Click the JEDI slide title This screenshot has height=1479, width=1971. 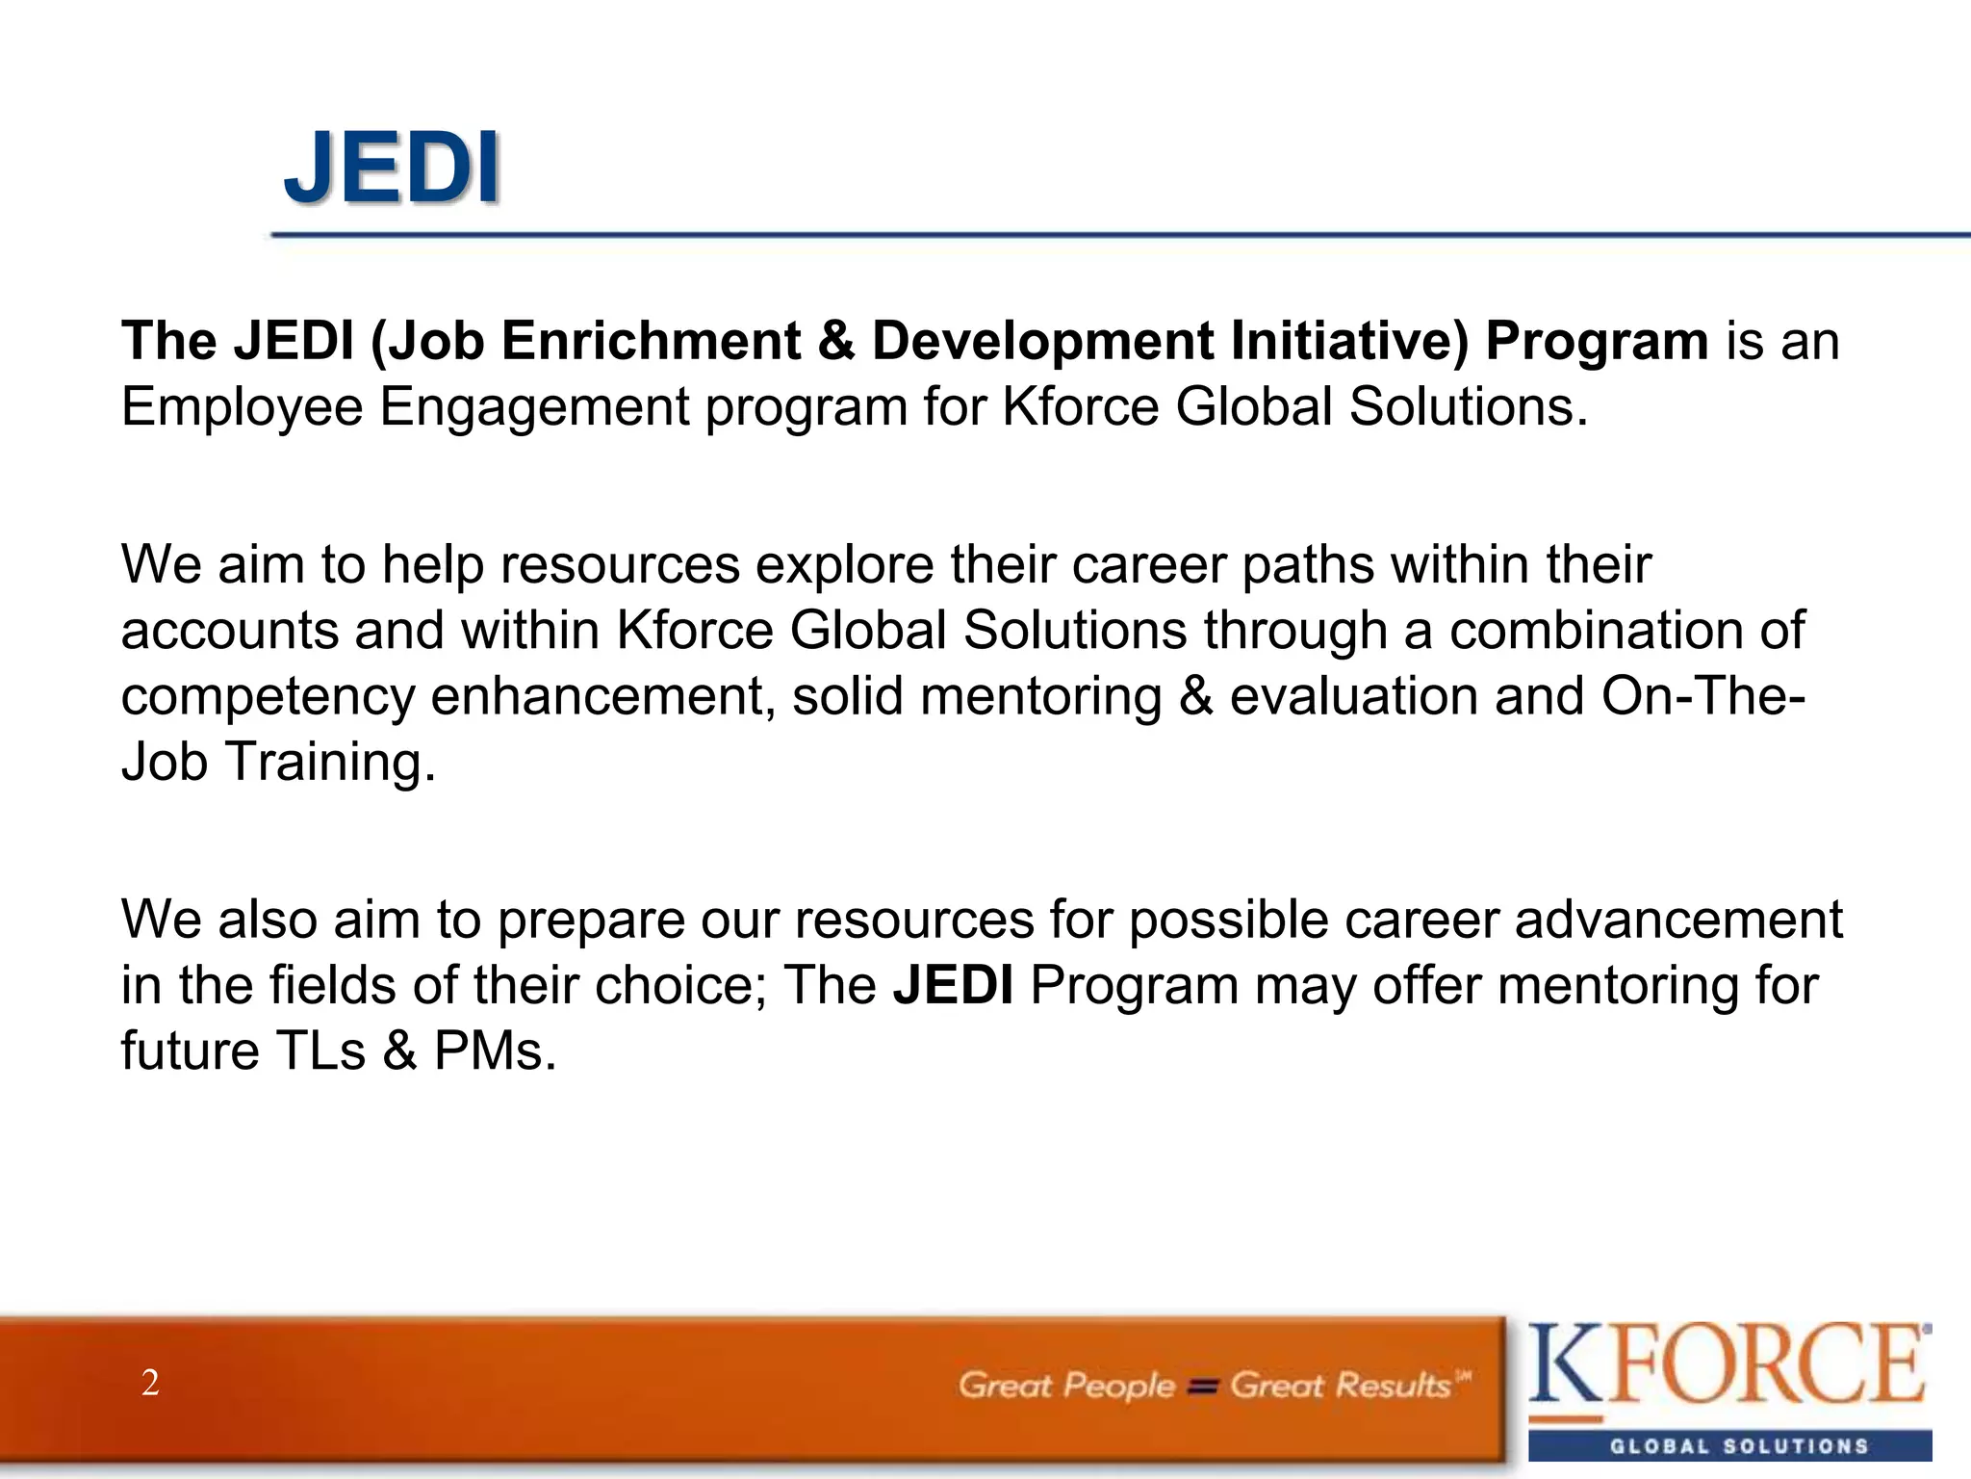392,169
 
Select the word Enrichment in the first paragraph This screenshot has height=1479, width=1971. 652,341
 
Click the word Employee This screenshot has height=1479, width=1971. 243,407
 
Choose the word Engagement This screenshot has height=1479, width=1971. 534,407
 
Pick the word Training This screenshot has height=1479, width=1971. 330,762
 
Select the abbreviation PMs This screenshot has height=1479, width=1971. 495,1051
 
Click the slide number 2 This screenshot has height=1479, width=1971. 150,1383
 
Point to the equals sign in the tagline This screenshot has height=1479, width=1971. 1202,1388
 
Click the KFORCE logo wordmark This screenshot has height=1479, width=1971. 1728,1364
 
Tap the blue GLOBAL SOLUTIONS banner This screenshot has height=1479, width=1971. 1729,1446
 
